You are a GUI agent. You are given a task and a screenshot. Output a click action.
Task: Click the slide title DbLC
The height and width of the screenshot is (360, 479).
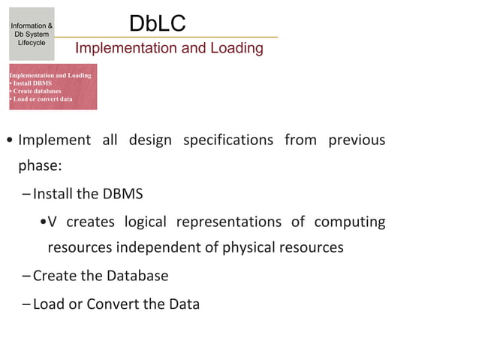(157, 23)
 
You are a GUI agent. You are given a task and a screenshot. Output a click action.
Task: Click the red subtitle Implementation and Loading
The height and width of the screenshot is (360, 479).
(169, 49)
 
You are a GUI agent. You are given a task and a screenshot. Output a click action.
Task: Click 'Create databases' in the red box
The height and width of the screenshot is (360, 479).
(37, 91)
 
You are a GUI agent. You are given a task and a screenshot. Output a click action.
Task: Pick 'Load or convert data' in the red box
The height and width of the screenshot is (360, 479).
(42, 98)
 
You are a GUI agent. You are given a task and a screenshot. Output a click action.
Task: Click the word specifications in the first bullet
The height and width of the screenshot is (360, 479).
(227, 140)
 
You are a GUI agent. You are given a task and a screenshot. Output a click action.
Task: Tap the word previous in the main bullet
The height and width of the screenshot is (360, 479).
(357, 140)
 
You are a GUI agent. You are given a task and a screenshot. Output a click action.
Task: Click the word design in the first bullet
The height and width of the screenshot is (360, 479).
(150, 140)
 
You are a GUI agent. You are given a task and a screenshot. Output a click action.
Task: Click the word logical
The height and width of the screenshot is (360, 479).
(145, 222)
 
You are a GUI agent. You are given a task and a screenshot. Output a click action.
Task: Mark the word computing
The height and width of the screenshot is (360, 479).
(349, 222)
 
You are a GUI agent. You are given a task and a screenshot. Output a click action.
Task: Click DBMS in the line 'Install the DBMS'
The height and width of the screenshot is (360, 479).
(122, 194)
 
